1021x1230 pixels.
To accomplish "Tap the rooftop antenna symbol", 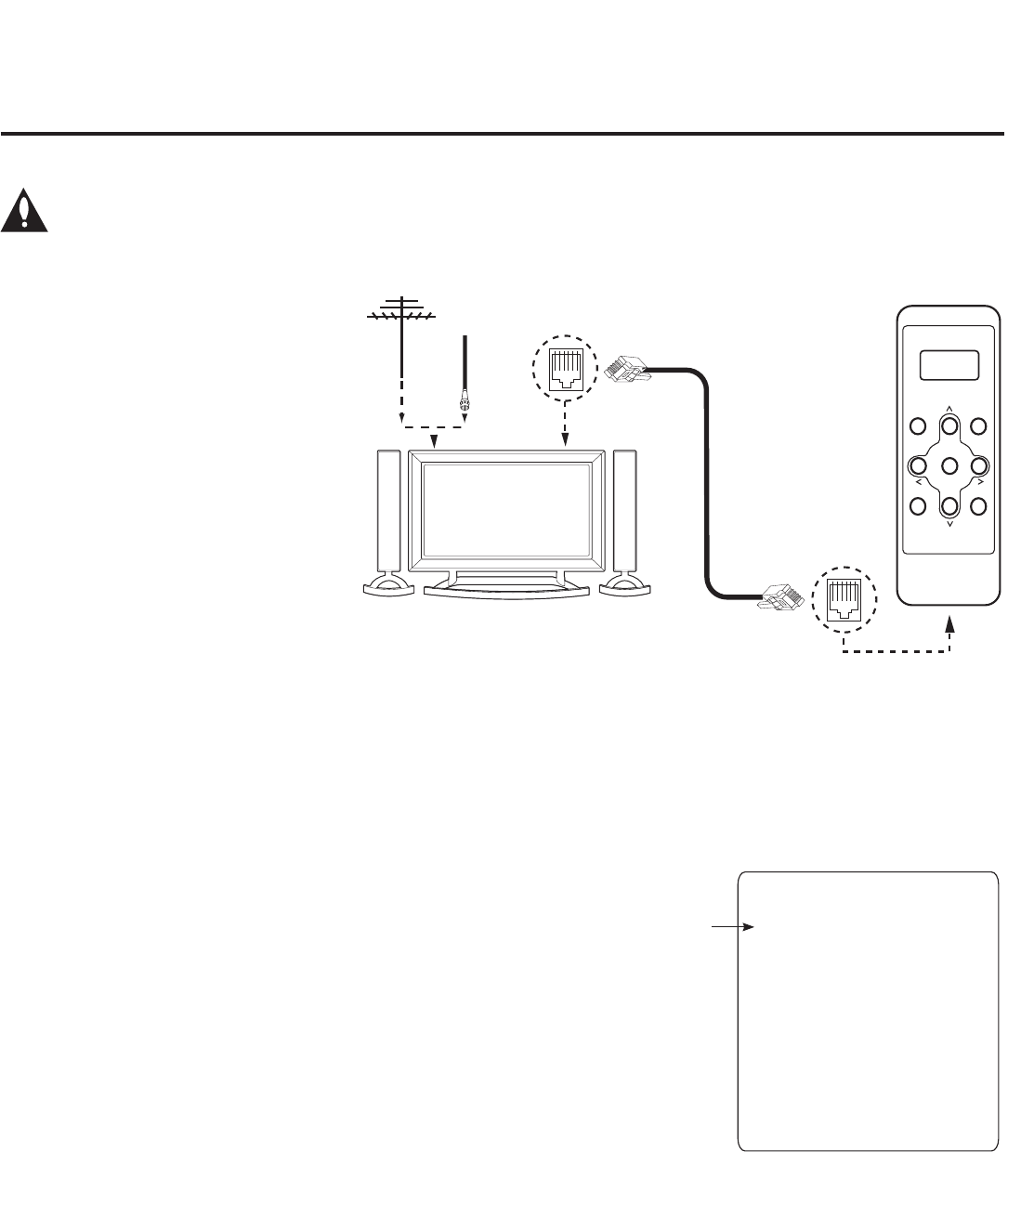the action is (401, 314).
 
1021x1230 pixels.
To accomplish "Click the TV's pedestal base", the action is (506, 592).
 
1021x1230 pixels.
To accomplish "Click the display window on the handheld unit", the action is (949, 365).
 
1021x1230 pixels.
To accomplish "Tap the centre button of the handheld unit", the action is (949, 465).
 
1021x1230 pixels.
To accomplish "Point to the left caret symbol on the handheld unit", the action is (918, 484).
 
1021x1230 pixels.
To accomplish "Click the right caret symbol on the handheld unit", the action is (980, 484).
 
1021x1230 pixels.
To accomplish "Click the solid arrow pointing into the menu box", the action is (734, 926).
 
